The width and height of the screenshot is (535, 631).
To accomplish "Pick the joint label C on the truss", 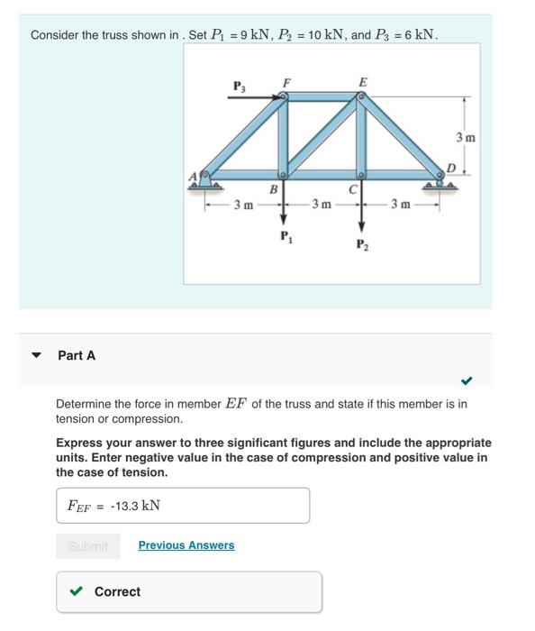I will click(x=355, y=189).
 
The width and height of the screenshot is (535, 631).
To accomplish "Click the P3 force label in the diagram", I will click(x=239, y=87).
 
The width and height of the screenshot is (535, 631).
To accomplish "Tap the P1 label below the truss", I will click(x=286, y=237).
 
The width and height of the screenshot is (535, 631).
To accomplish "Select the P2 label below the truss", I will click(x=362, y=244).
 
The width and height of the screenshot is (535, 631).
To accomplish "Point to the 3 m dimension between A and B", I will click(x=243, y=206).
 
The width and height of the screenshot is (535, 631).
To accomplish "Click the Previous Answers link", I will click(x=186, y=545).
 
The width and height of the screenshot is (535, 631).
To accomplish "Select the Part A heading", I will click(x=77, y=355).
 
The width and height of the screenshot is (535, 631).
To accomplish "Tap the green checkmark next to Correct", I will click(x=78, y=591).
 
